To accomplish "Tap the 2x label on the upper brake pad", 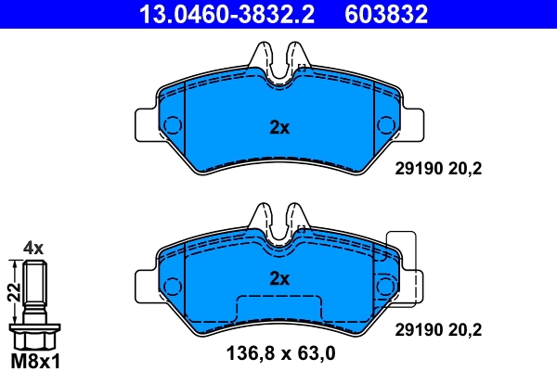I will pos(279,129).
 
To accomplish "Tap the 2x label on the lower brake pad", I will pos(279,278).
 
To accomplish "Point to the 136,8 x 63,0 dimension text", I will pos(280,353).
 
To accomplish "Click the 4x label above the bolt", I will pos(33,248).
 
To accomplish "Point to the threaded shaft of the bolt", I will pos(34,288).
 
